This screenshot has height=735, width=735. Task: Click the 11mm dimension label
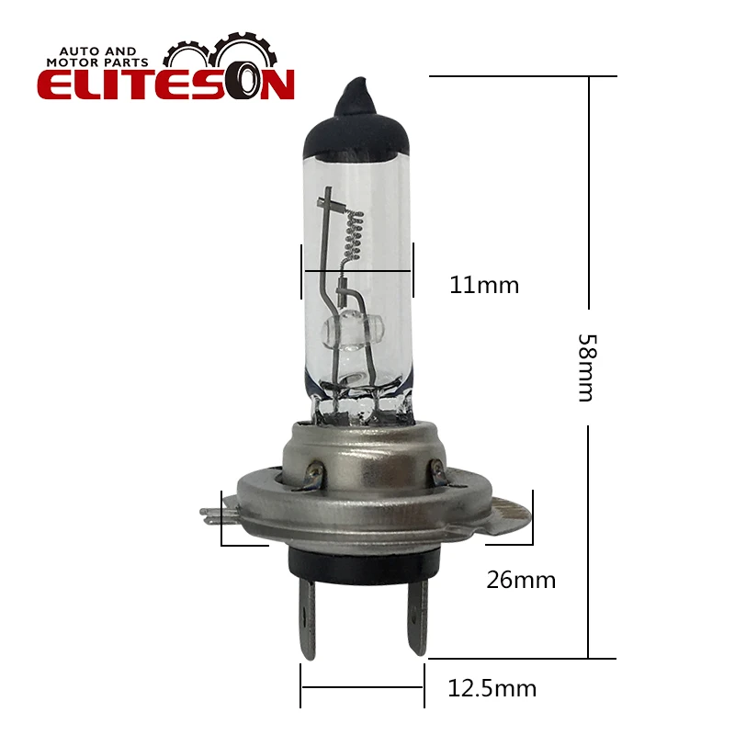click(x=484, y=285)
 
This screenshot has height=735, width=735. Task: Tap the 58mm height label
click(x=587, y=368)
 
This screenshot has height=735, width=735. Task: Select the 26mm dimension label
click(x=521, y=580)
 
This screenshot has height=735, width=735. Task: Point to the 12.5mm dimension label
click(x=492, y=688)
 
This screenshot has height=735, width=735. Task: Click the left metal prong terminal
click(x=306, y=616)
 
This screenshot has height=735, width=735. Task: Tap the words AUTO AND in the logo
click(x=97, y=51)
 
